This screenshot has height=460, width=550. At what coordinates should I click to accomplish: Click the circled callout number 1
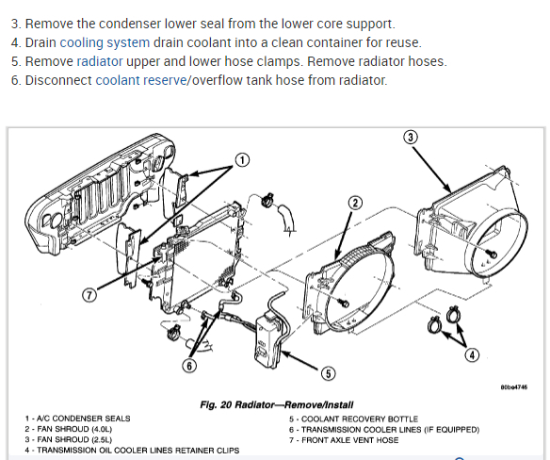[x=242, y=160]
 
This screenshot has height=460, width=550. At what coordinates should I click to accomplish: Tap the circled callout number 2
[x=355, y=203]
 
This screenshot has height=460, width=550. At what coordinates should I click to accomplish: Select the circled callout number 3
[x=411, y=137]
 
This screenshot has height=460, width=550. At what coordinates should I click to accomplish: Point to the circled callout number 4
[x=472, y=355]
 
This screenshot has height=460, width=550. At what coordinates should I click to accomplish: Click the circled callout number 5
[x=328, y=373]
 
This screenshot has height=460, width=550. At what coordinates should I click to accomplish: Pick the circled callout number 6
[x=189, y=366]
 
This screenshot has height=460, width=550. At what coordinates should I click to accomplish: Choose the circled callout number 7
[x=89, y=295]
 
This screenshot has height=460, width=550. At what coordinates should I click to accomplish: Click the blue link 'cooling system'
[x=105, y=42]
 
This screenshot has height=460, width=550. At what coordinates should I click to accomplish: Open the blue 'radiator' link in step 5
[x=100, y=61]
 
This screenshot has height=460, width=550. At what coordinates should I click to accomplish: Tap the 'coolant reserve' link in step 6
[x=141, y=80]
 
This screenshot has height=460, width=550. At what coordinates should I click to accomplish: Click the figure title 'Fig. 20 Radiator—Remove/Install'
[x=276, y=405]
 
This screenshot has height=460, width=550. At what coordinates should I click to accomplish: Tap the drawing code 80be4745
[x=514, y=387]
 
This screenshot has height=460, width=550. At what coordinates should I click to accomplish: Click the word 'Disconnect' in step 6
[x=58, y=80]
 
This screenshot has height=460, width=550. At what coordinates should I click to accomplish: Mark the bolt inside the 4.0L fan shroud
[x=345, y=303]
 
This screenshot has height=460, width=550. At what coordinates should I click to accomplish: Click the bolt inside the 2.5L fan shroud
[x=493, y=254]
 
